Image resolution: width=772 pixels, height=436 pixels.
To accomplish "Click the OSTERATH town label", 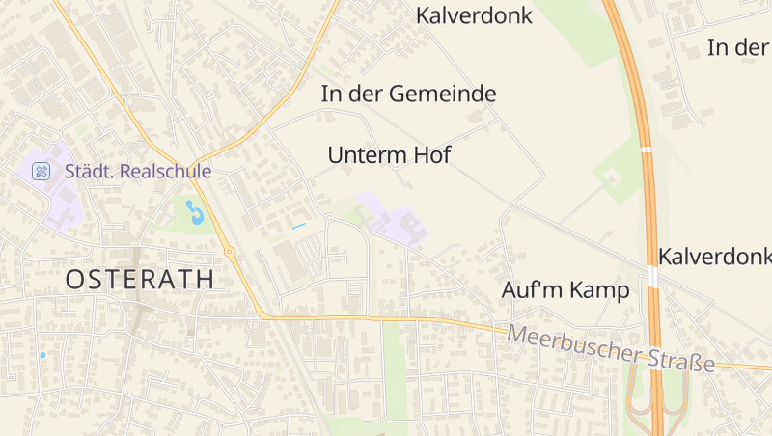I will (x=140, y=280).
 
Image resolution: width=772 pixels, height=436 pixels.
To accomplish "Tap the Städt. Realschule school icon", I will (x=41, y=171).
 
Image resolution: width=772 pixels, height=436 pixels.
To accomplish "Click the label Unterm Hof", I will (x=389, y=154).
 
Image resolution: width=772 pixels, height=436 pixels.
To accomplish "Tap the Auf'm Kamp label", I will (x=565, y=289).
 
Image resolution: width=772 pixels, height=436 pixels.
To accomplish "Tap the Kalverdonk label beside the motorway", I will (x=714, y=257).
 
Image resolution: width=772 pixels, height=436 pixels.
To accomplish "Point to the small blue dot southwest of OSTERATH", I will (x=42, y=355).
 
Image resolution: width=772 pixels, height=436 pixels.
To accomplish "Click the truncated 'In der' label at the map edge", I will (x=738, y=46).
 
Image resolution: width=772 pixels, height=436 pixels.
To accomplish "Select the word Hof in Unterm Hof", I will (x=432, y=154).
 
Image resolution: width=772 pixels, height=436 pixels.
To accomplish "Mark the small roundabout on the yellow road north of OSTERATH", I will (x=229, y=252).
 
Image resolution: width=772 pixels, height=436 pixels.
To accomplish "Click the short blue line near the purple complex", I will (x=298, y=226).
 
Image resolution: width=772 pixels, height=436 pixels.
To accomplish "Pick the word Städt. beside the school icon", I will (x=84, y=171).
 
